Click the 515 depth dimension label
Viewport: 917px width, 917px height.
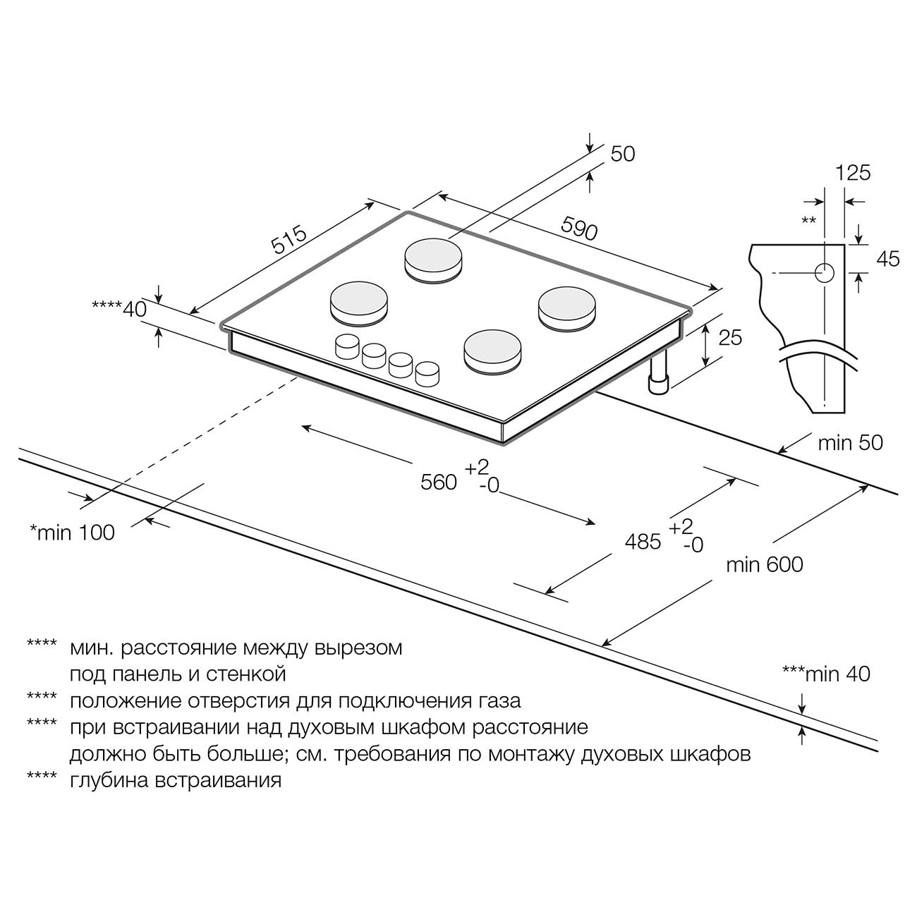pyautogui.click(x=289, y=240)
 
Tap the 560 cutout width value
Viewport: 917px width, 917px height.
pyautogui.click(x=439, y=482)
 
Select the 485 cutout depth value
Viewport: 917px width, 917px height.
pyautogui.click(x=643, y=541)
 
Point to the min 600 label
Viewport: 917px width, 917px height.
pyautogui.click(x=765, y=564)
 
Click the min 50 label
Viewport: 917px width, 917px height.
pyautogui.click(x=850, y=443)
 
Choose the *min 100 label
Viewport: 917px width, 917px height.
pyautogui.click(x=72, y=533)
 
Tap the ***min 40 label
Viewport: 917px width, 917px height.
pyautogui.click(x=826, y=674)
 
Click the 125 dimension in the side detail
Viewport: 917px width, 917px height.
pyautogui.click(x=853, y=173)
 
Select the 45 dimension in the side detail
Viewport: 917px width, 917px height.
pyautogui.click(x=888, y=259)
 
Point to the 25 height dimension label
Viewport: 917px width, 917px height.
pyautogui.click(x=730, y=338)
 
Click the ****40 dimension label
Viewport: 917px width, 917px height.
pyautogui.click(x=119, y=308)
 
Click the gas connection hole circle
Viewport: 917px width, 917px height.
pyautogui.click(x=825, y=273)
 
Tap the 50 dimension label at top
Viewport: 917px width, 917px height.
pyautogui.click(x=623, y=154)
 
